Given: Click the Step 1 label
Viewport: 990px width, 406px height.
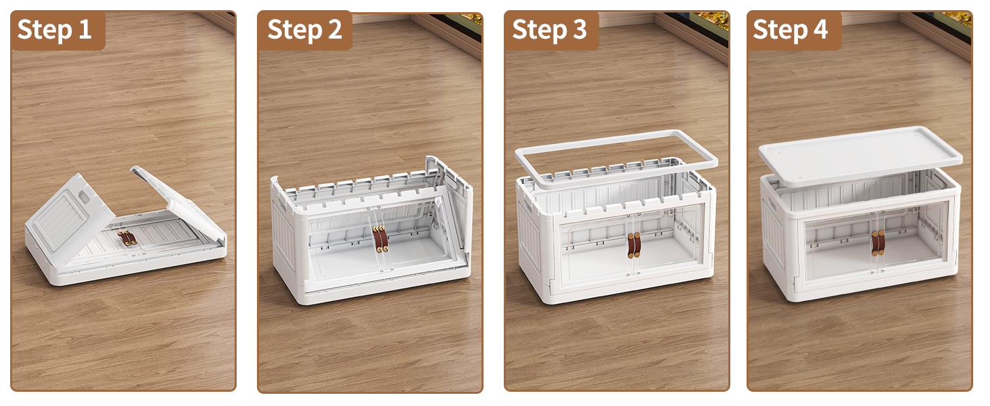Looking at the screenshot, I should pos(55,30).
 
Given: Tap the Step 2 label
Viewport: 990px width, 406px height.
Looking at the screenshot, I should pos(304,30).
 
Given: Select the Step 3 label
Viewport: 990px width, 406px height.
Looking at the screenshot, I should pos(549,30).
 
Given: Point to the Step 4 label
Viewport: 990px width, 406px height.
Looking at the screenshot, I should pos(791,30).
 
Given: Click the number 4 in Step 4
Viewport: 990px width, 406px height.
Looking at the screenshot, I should pos(820,30).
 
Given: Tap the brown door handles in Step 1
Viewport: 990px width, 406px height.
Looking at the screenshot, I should pos(127,238).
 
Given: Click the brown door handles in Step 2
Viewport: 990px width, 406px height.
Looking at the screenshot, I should pos(381,239).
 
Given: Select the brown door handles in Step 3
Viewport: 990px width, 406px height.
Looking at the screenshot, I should pos(634,245).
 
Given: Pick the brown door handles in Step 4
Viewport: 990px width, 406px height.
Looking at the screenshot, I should pos(878,242).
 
